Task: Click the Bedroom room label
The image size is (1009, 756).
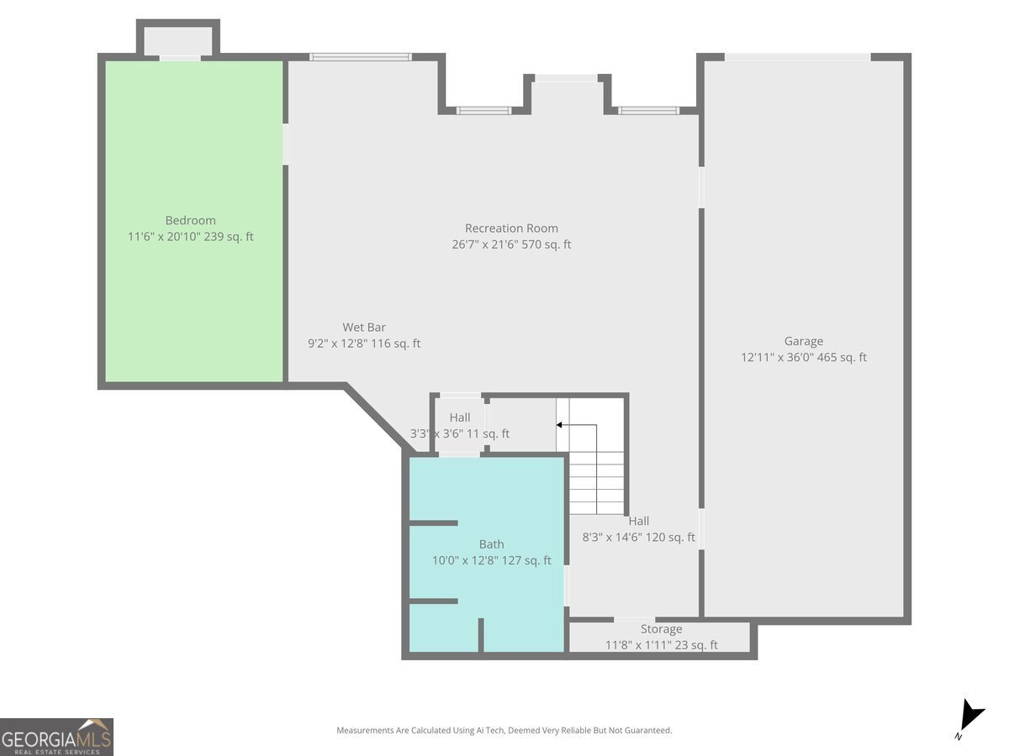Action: [190, 220]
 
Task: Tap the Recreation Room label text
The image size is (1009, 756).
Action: [511, 228]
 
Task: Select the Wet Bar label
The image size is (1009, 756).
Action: [363, 328]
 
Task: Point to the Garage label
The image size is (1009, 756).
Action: [803, 341]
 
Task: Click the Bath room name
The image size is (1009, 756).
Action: [491, 544]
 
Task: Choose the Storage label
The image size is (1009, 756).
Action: [661, 629]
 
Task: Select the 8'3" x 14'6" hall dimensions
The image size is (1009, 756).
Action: [613, 537]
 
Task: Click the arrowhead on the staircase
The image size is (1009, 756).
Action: [559, 424]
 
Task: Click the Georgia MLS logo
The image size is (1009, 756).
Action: [56, 737]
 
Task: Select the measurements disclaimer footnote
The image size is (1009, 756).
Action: [504, 730]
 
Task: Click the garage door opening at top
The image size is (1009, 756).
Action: [798, 57]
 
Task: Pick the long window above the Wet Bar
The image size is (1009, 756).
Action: [361, 57]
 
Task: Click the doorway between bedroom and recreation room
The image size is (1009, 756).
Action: [285, 144]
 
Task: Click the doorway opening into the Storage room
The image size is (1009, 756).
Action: [634, 620]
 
